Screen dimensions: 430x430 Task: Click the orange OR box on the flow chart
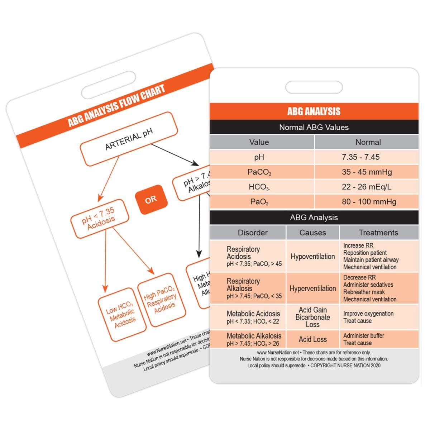point(151,200)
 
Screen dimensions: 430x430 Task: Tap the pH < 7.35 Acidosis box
point(99,219)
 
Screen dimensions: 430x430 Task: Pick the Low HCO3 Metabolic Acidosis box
point(121,314)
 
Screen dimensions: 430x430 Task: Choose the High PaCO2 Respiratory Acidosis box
point(161,300)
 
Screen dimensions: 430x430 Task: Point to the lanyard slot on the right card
point(314,87)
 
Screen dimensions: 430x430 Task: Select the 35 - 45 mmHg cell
point(366,172)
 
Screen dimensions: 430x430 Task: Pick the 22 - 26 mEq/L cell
point(366,187)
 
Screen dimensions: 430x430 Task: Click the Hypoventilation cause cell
point(312,257)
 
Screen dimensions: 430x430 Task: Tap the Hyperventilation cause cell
point(312,288)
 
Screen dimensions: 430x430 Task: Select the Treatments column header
point(378,233)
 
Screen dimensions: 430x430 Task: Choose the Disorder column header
point(253,233)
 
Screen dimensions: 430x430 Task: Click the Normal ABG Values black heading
point(314,127)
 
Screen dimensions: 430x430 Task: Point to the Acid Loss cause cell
point(312,339)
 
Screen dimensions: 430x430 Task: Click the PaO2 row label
point(259,202)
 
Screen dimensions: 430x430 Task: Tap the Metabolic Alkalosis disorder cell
point(254,339)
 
